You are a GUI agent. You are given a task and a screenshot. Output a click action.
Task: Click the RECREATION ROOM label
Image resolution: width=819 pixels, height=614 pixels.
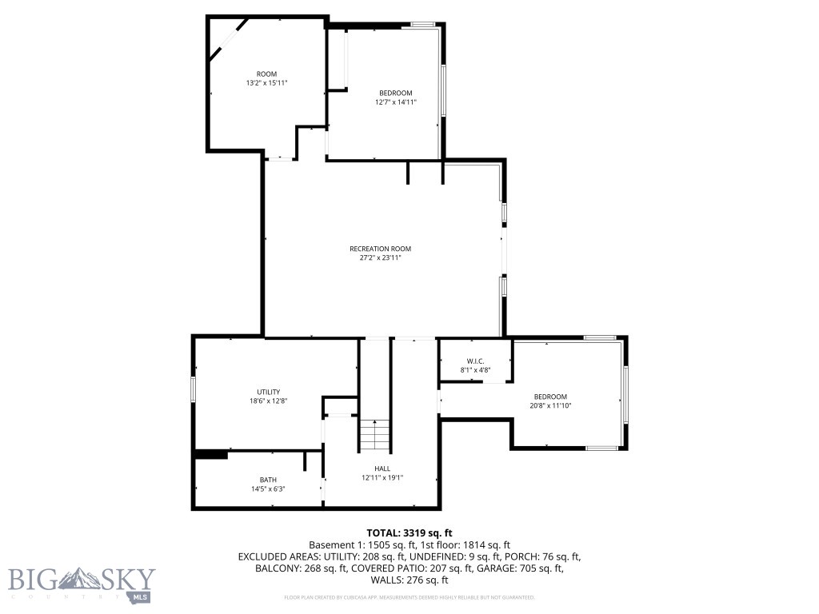(380, 249)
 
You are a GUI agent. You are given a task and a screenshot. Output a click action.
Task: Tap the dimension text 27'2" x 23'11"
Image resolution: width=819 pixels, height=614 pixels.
(380, 258)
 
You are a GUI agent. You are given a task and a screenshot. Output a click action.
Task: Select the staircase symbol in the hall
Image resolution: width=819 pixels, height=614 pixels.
(374, 434)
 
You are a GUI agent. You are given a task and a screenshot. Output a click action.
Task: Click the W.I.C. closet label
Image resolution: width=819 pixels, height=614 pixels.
(475, 361)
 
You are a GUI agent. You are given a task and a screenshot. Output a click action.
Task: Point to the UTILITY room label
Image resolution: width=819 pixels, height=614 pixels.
(268, 392)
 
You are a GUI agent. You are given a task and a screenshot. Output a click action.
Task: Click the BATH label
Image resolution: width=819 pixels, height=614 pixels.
(267, 480)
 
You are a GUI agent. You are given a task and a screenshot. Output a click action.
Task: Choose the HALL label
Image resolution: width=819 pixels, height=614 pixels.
(382, 468)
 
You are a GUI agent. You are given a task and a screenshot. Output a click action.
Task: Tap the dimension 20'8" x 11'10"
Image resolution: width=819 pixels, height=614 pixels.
(550, 406)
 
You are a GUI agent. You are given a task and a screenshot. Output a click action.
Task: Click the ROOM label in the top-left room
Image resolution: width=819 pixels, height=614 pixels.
(266, 74)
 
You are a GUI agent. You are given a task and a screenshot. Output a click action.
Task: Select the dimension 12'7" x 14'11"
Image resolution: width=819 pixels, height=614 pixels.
(395, 102)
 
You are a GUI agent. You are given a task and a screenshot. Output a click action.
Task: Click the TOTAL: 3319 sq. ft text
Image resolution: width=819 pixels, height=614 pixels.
(409, 532)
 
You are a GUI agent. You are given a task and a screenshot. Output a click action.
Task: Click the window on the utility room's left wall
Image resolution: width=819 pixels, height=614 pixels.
(193, 389)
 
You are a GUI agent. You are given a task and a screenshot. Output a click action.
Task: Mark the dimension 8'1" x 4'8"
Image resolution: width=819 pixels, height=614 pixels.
(475, 369)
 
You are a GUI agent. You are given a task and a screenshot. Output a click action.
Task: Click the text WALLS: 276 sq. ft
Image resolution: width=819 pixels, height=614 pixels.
(409, 580)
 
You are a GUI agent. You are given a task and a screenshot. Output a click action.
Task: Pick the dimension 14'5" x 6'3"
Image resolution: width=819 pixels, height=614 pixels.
(267, 488)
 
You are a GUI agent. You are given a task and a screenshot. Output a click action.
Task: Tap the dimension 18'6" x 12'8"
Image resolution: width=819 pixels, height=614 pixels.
(268, 401)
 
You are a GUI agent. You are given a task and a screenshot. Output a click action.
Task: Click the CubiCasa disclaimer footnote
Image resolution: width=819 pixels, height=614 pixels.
(409, 597)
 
